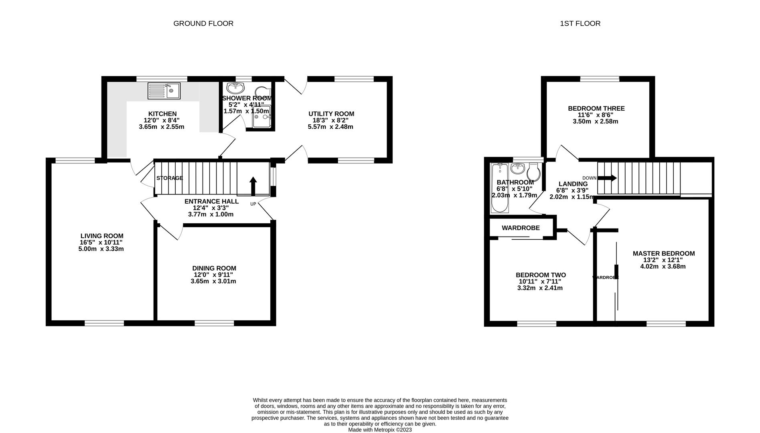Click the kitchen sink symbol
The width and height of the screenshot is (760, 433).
pyautogui.click(x=164, y=91)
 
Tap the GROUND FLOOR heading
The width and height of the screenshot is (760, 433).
pyautogui.click(x=203, y=24)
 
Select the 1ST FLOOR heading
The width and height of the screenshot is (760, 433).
pyautogui.click(x=580, y=24)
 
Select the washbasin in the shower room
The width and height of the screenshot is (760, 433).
pyautogui.click(x=235, y=87)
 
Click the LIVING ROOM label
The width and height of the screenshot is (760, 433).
pyautogui.click(x=102, y=236)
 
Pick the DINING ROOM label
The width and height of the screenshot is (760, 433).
pyautogui.click(x=214, y=268)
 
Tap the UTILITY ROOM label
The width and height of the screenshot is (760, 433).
pyautogui.click(x=331, y=114)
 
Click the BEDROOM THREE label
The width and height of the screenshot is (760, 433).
pyautogui.click(x=596, y=108)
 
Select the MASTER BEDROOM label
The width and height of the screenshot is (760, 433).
pyautogui.click(x=663, y=253)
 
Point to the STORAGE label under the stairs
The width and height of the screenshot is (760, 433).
pyautogui.click(x=170, y=178)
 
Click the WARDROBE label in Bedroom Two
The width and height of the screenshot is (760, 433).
pyautogui.click(x=521, y=228)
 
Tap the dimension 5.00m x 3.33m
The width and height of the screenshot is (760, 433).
pyautogui.click(x=101, y=249)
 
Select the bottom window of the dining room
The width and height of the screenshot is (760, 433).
pyautogui.click(x=214, y=323)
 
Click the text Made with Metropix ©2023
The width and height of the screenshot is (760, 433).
pyautogui.click(x=380, y=430)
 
